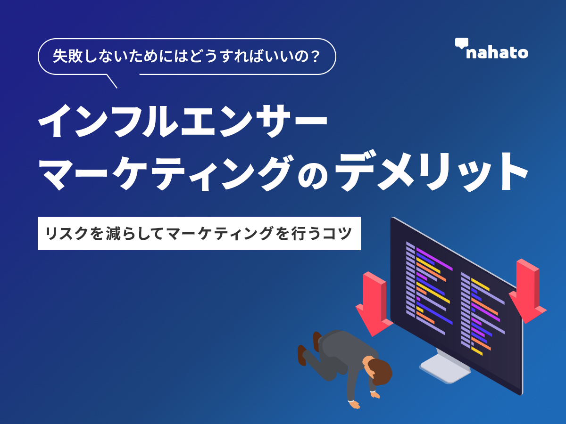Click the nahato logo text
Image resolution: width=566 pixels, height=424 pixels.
(x=497, y=53)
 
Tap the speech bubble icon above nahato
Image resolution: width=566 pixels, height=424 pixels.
(x=462, y=43)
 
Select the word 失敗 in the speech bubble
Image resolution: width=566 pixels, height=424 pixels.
(x=67, y=57)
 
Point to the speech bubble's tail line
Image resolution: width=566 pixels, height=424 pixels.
(x=112, y=82)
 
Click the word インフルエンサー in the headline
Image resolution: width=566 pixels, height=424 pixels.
(x=183, y=121)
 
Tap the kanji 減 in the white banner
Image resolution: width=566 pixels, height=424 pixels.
(x=113, y=234)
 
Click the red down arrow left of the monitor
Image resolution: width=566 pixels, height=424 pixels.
(x=374, y=304)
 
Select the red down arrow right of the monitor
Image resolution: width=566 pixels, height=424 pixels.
(x=528, y=291)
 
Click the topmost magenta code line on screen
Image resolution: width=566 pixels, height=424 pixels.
(x=434, y=259)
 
